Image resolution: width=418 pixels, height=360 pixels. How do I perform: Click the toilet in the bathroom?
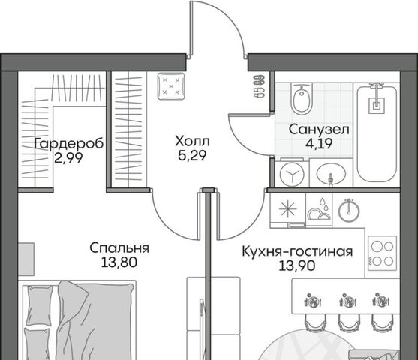[302, 99]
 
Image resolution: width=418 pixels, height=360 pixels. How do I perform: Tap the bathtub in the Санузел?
[377, 134]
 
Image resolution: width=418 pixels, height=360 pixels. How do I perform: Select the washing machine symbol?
[292, 175]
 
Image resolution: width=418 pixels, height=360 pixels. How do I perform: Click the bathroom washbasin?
[332, 174]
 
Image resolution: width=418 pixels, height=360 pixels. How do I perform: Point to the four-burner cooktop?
[383, 253]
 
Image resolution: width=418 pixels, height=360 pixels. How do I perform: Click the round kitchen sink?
[349, 211]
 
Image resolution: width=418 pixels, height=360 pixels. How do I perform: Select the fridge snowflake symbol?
[288, 208]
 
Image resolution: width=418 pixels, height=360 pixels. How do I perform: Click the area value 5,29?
[192, 155]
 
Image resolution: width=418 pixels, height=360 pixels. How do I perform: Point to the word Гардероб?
[69, 144]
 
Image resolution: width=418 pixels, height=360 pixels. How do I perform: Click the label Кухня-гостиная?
[297, 251]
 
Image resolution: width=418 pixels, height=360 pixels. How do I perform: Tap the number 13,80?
[119, 262]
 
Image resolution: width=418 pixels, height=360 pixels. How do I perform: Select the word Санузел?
[319, 130]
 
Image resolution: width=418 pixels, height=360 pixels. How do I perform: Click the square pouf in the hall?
[171, 86]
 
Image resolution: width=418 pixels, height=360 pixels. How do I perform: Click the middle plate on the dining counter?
[348, 301]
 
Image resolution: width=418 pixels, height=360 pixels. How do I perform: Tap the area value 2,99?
[68, 158]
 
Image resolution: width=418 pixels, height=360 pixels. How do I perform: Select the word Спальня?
[119, 248]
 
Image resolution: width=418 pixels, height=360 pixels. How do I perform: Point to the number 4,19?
[319, 144]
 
